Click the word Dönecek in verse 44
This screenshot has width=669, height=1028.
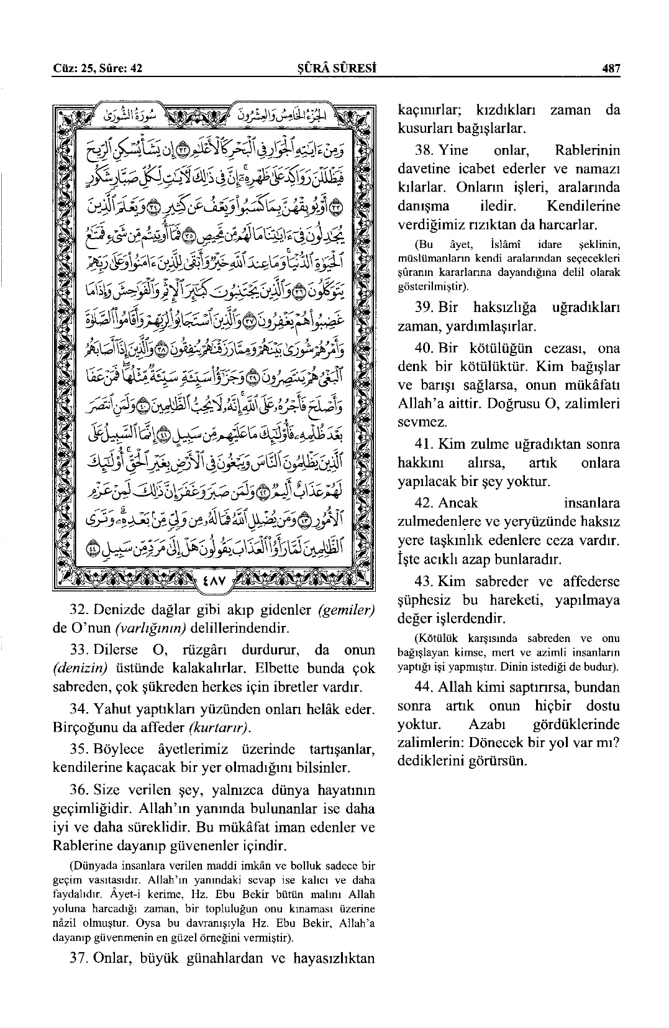point(502,743)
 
